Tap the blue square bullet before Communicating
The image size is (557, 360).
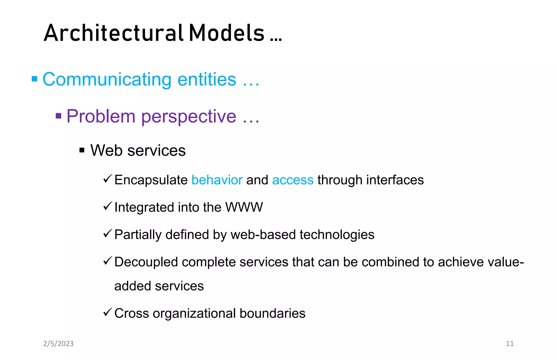tap(35, 79)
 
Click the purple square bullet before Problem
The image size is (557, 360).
tap(58, 116)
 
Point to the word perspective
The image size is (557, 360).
tap(189, 116)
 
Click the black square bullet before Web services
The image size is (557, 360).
tap(82, 150)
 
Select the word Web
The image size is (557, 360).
tap(106, 150)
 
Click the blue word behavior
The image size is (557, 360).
tap(217, 180)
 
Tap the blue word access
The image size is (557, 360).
tap(293, 180)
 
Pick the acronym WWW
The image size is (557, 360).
tap(244, 207)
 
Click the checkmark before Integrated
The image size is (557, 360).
tap(108, 206)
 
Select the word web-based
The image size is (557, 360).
tap(263, 235)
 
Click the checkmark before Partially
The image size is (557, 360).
tap(108, 233)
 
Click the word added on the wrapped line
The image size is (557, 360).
tap(132, 286)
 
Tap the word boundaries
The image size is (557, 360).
tap(273, 313)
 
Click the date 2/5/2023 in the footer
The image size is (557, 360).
tap(58, 344)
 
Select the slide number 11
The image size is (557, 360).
tap(510, 344)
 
